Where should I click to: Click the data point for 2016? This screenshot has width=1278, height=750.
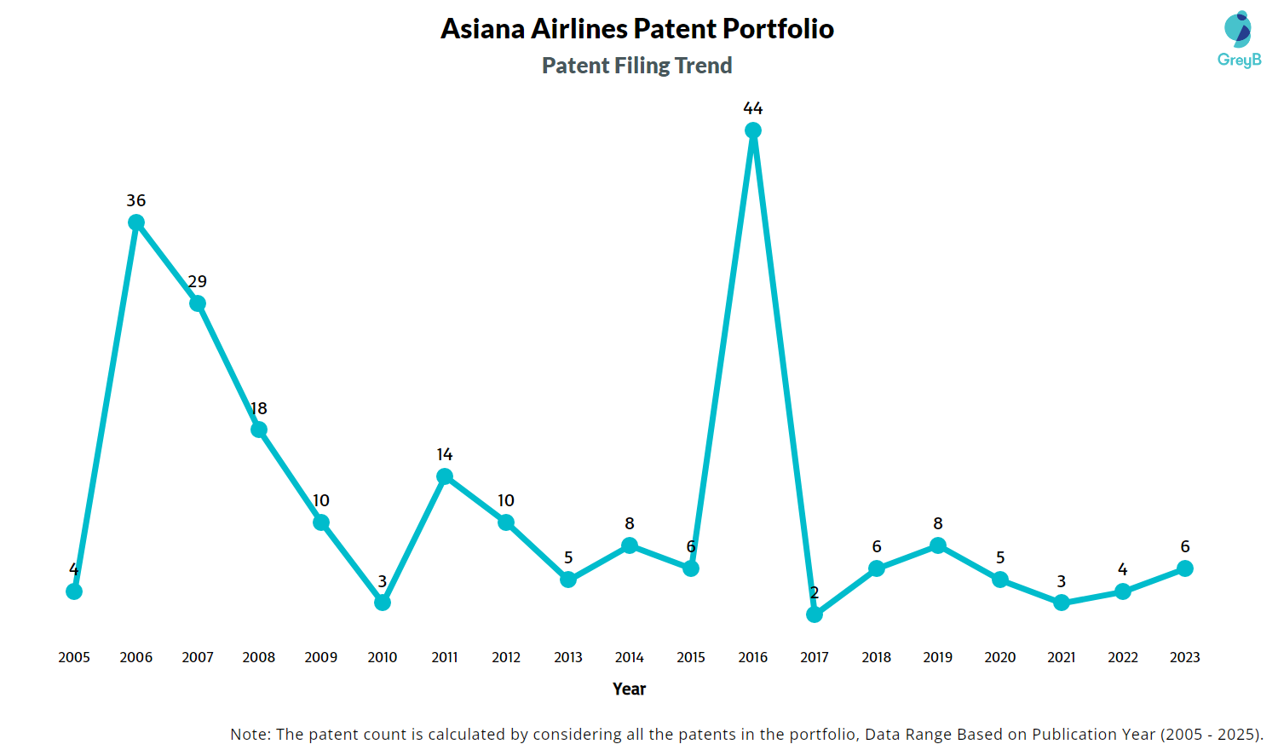pos(752,130)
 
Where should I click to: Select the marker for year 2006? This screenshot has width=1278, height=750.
pos(135,222)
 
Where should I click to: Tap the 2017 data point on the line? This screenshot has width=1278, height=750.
pos(815,614)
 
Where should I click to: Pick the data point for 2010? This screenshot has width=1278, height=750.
pos(383,603)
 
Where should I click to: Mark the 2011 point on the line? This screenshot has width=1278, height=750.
pos(445,476)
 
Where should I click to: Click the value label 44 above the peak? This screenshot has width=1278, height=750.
pos(752,108)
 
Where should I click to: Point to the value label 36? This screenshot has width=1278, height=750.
pos(135,200)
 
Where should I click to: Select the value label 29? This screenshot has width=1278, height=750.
pos(197,281)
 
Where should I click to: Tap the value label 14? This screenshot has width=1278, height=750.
pos(444,454)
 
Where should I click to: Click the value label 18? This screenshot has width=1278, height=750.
pos(258,408)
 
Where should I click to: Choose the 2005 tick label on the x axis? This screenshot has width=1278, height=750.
pos(74,657)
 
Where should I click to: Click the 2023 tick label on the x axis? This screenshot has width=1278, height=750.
pos(1184,657)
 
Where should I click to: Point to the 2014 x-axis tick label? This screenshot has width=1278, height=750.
pos(629,657)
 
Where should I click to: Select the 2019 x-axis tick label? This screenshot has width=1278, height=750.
pos(937,657)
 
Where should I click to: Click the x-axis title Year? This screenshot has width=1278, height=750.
pos(629,689)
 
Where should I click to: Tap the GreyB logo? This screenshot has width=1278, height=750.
pos(1239,39)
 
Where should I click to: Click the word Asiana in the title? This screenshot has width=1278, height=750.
pos(482,29)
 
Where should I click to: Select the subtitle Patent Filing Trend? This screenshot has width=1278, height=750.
pos(636,66)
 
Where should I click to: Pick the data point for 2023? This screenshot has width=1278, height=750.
pos(1184,568)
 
